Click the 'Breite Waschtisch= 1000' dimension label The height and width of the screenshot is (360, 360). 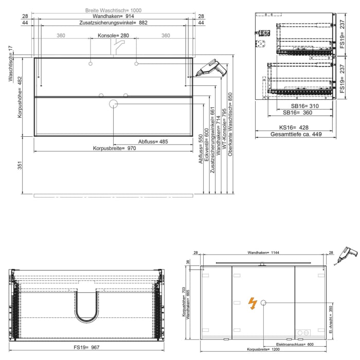113,10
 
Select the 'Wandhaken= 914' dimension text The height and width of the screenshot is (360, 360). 113,16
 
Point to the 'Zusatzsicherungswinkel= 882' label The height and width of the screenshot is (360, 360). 113,23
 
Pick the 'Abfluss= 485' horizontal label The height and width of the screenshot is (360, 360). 153,141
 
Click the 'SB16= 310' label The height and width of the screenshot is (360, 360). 297,105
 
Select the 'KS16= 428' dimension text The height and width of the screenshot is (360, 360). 294,127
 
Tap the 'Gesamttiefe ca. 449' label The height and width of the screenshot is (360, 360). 296,135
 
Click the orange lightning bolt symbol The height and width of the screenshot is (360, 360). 253,303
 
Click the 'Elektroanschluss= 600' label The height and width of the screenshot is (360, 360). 295,344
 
